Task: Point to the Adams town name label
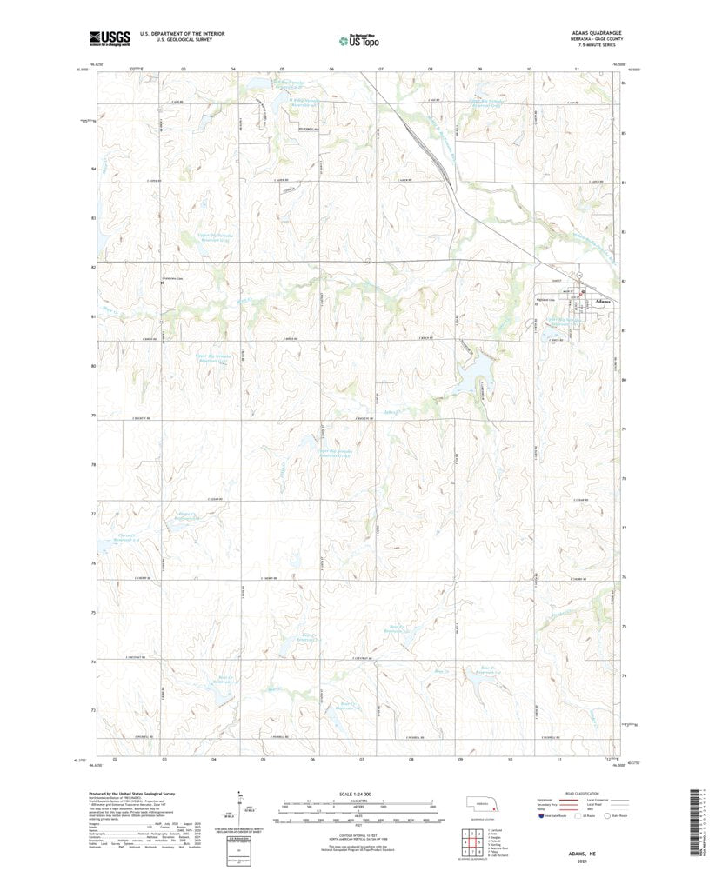tap(603, 302)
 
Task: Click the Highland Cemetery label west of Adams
tap(545, 302)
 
